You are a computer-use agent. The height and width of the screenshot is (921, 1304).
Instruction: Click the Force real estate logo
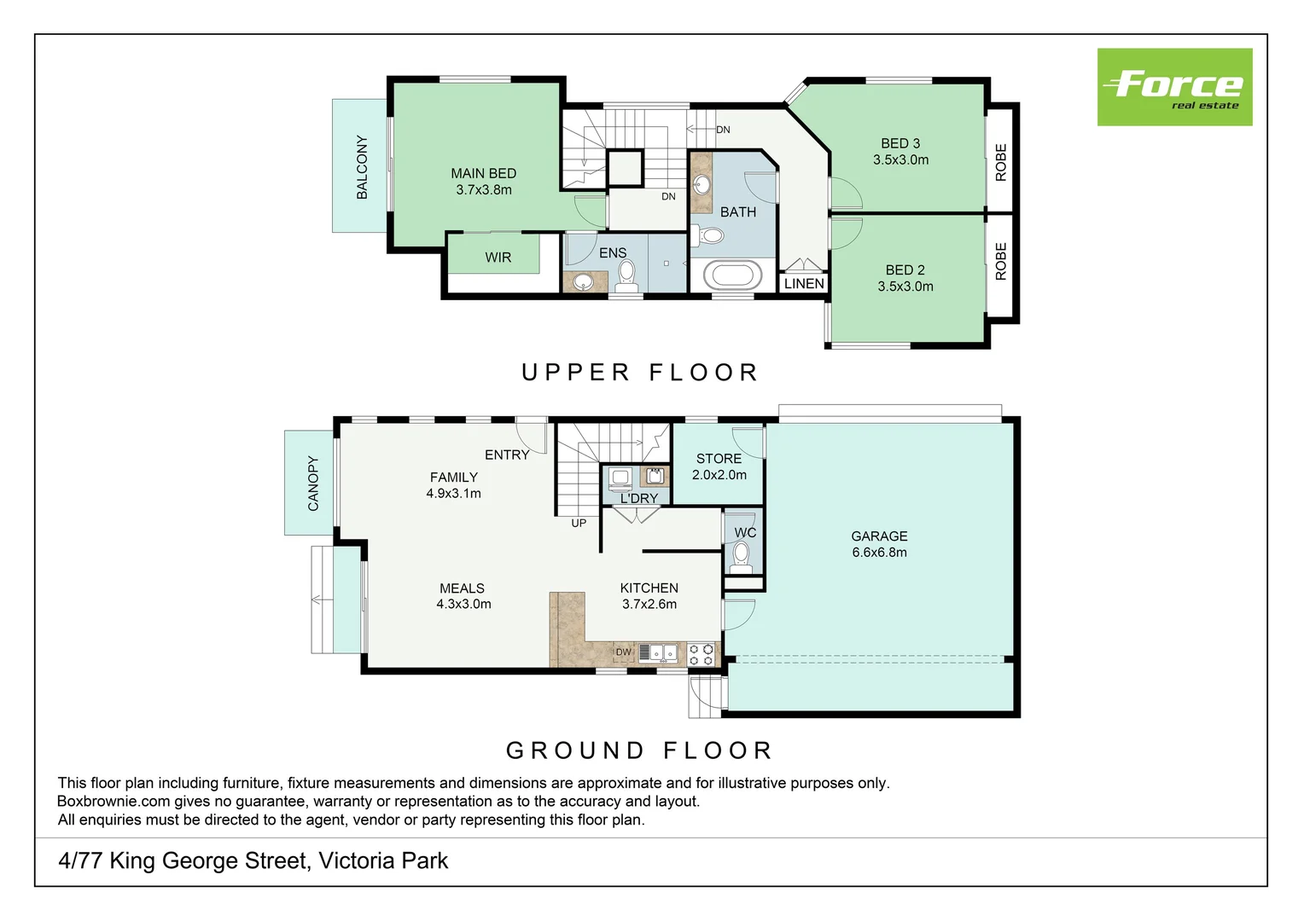click(1175, 87)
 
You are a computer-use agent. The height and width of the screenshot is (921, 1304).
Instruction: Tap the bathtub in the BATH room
click(732, 275)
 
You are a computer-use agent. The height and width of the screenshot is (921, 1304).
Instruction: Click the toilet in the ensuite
click(626, 276)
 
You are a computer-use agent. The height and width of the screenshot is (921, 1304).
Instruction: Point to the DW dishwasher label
click(623, 652)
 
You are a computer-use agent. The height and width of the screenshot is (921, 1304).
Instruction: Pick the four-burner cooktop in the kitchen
click(701, 654)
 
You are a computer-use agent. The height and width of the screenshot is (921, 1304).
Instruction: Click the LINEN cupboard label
click(804, 283)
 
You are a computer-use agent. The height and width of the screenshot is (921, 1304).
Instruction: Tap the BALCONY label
click(362, 167)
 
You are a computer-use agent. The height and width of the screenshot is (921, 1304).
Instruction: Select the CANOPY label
click(313, 484)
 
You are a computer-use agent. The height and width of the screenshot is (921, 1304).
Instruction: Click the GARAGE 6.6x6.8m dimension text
click(879, 552)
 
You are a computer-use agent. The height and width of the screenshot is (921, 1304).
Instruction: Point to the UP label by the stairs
click(579, 523)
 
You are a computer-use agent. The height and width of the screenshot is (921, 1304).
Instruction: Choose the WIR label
click(498, 258)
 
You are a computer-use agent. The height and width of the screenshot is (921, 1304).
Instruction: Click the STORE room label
click(719, 459)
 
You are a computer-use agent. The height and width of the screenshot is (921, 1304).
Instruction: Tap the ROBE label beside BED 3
click(1001, 162)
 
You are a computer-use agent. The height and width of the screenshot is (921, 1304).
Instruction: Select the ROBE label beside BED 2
click(1001, 261)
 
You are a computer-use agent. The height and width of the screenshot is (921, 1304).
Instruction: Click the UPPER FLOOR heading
click(640, 373)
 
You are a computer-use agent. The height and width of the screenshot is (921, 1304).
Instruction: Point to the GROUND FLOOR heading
click(639, 750)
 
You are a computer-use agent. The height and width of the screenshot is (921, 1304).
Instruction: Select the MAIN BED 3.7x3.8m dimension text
click(484, 189)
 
